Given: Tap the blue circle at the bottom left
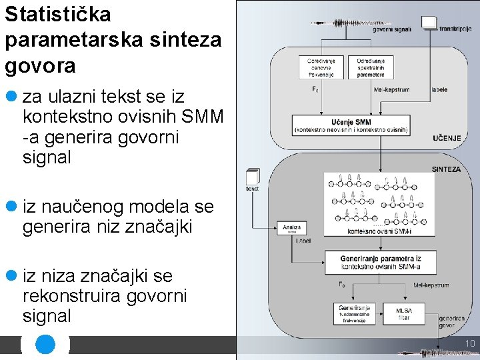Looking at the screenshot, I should pyautogui.click(x=45, y=344).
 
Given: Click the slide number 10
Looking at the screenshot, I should pyautogui.click(x=469, y=344).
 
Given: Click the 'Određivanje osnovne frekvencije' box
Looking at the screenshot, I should pyautogui.click(x=321, y=67).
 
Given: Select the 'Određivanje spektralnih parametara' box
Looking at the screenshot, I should pyautogui.click(x=371, y=67).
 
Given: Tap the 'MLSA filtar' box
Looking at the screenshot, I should pyautogui.click(x=404, y=314).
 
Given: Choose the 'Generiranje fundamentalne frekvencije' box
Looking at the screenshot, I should pyautogui.click(x=355, y=314).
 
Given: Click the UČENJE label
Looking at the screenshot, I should pyautogui.click(x=447, y=138).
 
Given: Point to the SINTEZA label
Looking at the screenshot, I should pyautogui.click(x=446, y=169).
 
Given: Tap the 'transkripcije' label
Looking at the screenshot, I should pyautogui.click(x=456, y=29).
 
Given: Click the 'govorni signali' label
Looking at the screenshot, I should pyautogui.click(x=392, y=29).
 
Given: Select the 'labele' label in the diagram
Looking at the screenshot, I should pyautogui.click(x=440, y=89).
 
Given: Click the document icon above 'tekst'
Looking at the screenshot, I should pyautogui.click(x=252, y=177).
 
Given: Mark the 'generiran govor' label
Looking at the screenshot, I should pyautogui.click(x=452, y=323).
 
